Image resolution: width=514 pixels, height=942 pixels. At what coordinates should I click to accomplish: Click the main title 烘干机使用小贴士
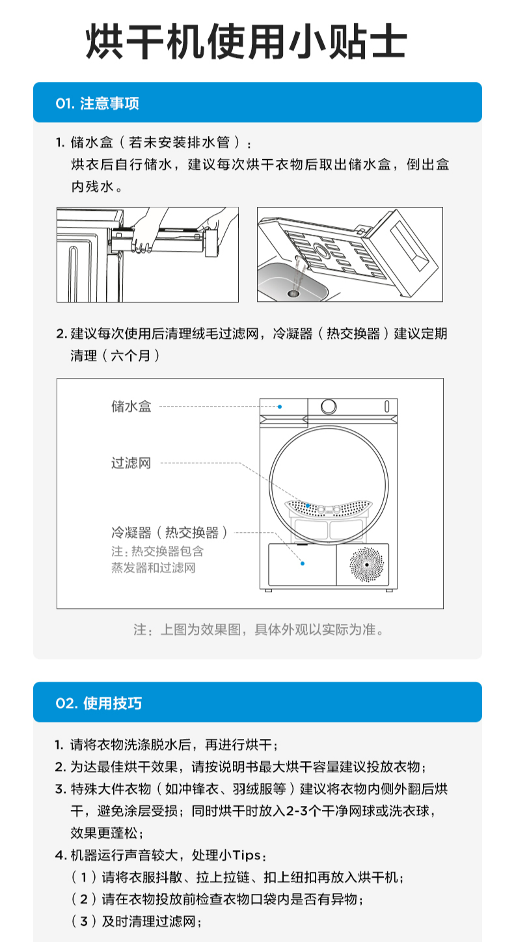[247, 43]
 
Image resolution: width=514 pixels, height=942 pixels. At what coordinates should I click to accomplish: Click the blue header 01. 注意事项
[98, 103]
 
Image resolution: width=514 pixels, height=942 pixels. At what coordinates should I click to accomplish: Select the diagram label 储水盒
[131, 407]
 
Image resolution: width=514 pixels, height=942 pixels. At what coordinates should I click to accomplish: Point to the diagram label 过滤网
[131, 463]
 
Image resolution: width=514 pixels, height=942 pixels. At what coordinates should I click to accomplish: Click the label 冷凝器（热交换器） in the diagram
[170, 533]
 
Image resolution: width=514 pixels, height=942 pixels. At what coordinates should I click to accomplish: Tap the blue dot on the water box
[280, 407]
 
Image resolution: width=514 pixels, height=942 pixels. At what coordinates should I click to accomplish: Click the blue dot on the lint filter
[308, 505]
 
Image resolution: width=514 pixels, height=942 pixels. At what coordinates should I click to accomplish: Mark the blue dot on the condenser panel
[303, 563]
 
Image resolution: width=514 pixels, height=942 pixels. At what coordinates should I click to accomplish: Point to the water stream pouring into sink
[298, 273]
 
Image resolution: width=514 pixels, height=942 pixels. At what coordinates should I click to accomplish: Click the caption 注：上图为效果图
[258, 630]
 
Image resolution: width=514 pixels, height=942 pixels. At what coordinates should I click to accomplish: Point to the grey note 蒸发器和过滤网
[154, 568]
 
